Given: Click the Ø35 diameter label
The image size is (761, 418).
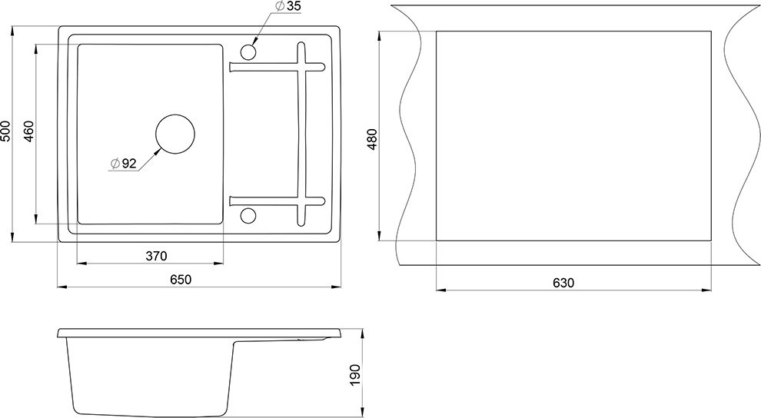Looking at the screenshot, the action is tap(287, 6).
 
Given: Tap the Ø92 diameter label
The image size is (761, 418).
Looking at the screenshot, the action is tap(123, 164).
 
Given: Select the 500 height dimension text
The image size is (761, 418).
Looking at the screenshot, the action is tap(5, 131).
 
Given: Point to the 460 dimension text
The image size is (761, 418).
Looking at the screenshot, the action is tap(29, 131).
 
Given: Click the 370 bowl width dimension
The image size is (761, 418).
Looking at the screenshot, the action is tap(156, 256).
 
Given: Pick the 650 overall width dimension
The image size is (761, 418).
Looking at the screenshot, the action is tap(181, 280).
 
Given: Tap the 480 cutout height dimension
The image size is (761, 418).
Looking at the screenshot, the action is tap(372, 138).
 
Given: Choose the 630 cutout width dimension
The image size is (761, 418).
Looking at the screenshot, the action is tap(563, 282).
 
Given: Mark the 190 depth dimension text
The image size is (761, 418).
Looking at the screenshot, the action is tap(355, 374).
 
